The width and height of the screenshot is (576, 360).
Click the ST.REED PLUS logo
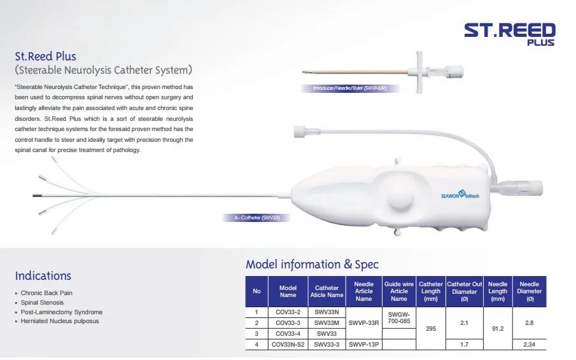(x=509, y=33)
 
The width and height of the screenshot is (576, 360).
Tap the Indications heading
(x=43, y=275)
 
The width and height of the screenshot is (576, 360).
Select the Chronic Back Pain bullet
(x=46, y=293)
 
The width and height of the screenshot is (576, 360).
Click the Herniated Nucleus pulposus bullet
(x=60, y=321)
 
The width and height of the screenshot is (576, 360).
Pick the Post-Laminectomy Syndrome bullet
(x=61, y=312)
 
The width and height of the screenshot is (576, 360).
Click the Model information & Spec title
(x=312, y=265)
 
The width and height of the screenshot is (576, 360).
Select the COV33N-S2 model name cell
(x=288, y=344)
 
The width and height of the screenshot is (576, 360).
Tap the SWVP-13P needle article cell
(x=363, y=344)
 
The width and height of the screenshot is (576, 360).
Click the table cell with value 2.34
(x=529, y=344)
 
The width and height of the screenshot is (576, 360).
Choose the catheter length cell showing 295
(x=430, y=328)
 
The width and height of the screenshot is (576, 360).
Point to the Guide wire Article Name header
(x=399, y=291)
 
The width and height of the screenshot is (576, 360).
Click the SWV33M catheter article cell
(x=327, y=322)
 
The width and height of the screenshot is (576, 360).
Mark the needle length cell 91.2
(x=498, y=328)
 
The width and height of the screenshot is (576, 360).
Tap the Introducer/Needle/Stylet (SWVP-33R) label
(x=351, y=88)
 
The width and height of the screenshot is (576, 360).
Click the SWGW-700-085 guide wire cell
(x=399, y=317)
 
